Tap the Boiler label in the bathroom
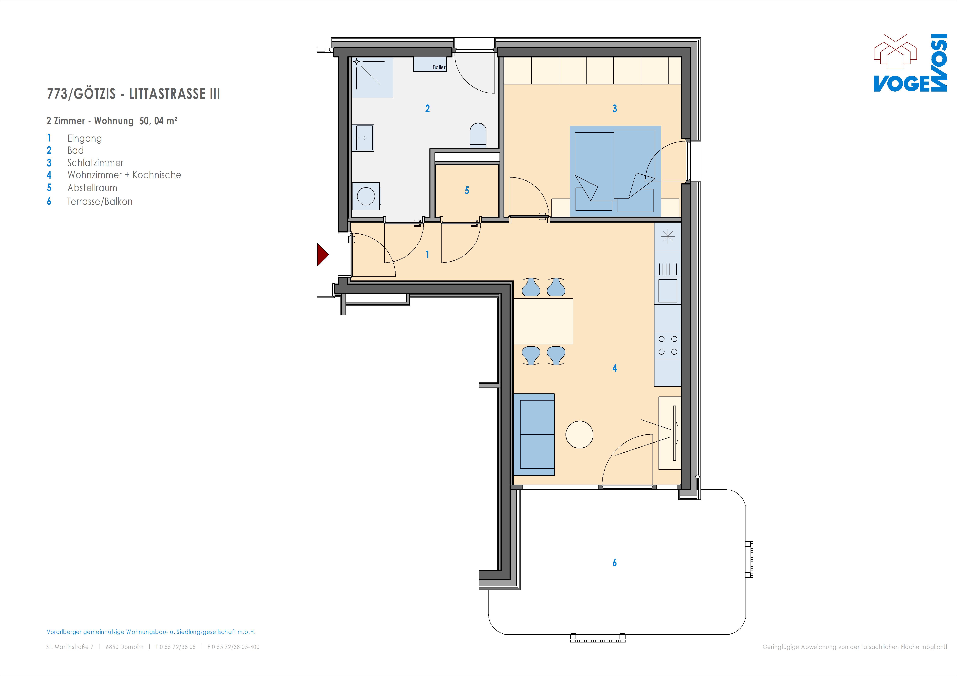pos(439,67)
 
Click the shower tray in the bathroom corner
pos(373,78)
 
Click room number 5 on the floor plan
pos(467,190)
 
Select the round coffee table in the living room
pos(579,434)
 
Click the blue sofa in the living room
pos(534,434)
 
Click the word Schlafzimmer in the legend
pos(96,163)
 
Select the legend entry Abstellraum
pos(93,188)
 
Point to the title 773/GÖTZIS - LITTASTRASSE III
pos(133,94)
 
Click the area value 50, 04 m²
pos(158,121)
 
